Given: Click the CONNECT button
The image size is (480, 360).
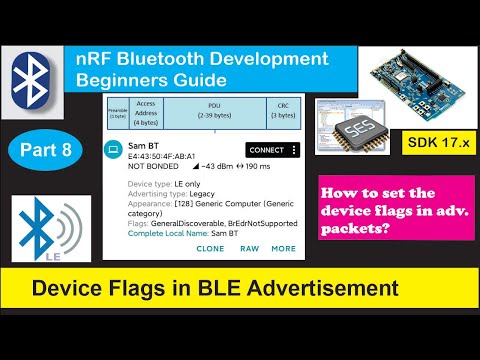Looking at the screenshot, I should (267, 150).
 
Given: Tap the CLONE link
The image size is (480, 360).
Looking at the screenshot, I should (211, 248).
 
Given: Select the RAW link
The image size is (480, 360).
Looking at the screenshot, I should (249, 248).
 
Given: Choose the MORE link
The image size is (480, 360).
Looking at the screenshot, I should (283, 248).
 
